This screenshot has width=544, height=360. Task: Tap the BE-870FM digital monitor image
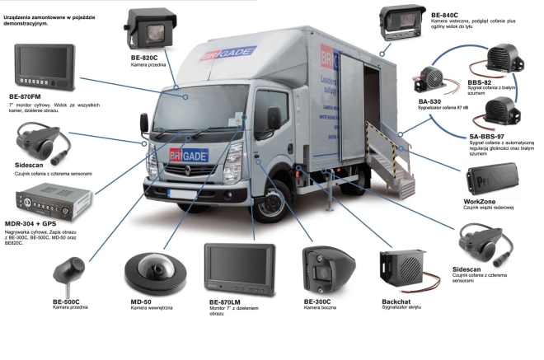43,68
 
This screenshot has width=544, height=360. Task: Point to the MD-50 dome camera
148,271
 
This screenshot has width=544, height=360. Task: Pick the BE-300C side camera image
328,268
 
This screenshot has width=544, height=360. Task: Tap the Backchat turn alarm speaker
401,272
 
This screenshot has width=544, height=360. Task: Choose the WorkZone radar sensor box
493,176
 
